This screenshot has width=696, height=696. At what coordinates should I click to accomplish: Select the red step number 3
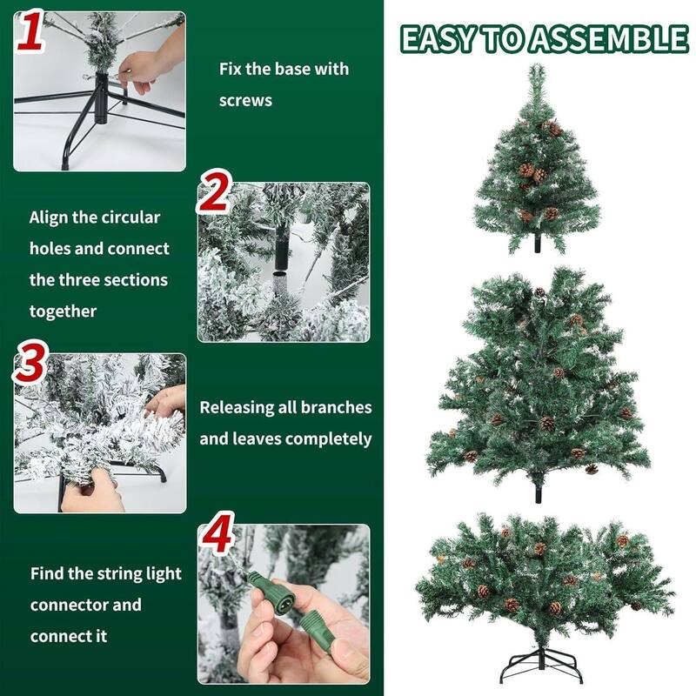[30, 365]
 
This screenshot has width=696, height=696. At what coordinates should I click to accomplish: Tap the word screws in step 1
[245, 100]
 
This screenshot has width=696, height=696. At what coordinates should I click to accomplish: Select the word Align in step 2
[50, 217]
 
